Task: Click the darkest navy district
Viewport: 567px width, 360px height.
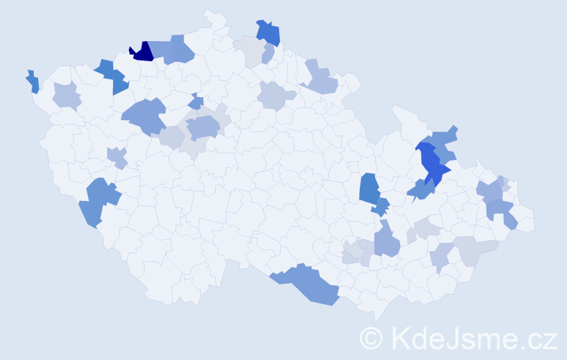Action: (143, 52)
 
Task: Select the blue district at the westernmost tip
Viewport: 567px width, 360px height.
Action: (32, 82)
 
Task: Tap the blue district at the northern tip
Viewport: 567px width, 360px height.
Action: (268, 32)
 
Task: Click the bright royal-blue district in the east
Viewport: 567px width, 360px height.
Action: (432, 164)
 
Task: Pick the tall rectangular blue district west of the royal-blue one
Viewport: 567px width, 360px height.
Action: (369, 188)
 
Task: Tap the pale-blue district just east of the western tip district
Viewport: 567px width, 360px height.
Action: (66, 96)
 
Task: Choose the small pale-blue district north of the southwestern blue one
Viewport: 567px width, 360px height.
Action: (117, 156)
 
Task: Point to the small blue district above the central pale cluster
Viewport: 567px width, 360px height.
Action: (196, 102)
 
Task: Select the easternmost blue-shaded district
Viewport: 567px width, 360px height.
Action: (509, 220)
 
